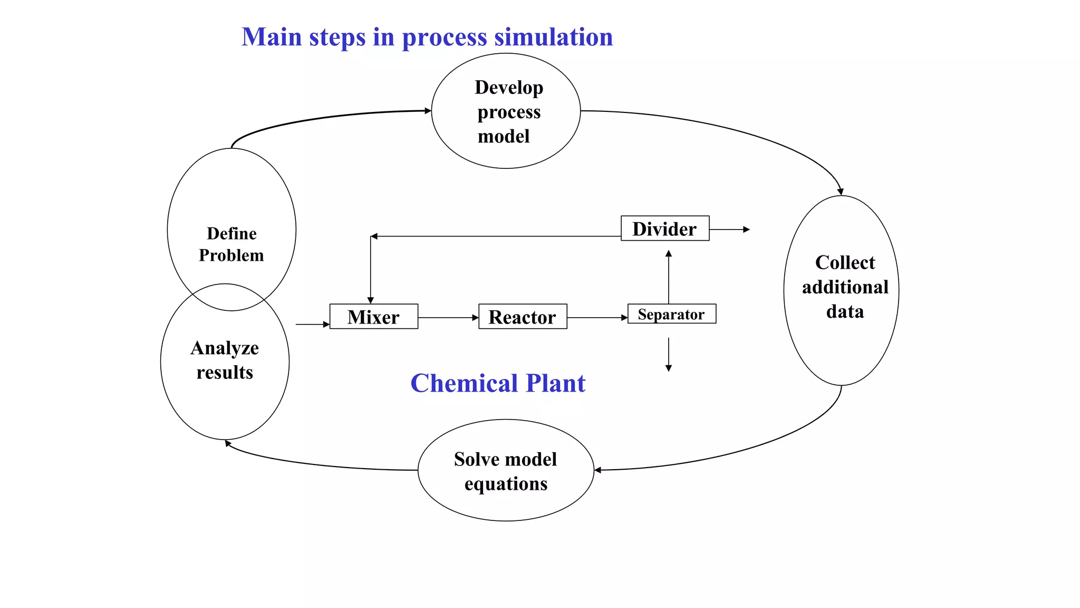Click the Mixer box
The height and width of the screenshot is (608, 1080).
[x=373, y=317]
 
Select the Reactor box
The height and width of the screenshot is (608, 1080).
[x=522, y=317]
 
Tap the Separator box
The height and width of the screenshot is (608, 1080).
[x=671, y=314]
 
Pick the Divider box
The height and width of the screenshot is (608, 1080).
[x=664, y=229]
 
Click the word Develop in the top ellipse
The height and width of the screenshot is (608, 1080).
[x=508, y=88]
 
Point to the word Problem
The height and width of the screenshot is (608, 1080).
[x=231, y=255]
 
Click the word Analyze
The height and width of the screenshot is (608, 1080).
[x=225, y=348]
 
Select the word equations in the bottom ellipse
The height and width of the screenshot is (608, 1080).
[x=506, y=483]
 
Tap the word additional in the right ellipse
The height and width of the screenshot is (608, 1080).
[x=845, y=287]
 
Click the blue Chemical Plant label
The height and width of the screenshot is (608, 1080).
[x=498, y=383]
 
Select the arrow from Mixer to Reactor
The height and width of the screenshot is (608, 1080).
[x=448, y=318]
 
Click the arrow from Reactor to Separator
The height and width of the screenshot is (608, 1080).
[x=597, y=318]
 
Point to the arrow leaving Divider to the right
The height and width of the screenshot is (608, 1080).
[x=730, y=230]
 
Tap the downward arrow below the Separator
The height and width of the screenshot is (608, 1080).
[x=669, y=355]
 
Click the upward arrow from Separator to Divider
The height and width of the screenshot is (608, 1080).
[x=669, y=277]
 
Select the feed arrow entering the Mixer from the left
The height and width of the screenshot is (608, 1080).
[x=313, y=325]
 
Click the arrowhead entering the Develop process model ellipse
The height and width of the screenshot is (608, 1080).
[x=428, y=111]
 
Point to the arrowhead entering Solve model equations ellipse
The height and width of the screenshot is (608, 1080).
[x=598, y=470]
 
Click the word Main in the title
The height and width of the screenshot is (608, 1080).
[x=272, y=37]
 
